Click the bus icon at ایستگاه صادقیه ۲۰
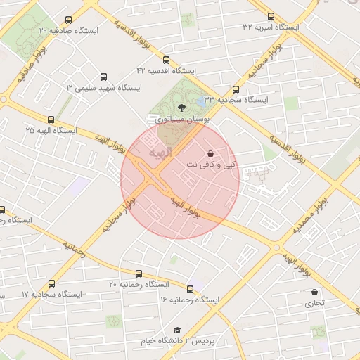point(68,20)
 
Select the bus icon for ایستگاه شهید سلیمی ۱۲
point(104,77)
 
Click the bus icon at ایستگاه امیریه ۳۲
point(271,16)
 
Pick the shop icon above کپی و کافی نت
point(210,153)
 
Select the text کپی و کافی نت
point(210,165)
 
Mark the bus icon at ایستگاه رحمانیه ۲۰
point(139,273)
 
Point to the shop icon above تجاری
point(314,292)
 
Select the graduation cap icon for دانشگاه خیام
point(177,330)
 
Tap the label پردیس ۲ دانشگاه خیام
point(176,341)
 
